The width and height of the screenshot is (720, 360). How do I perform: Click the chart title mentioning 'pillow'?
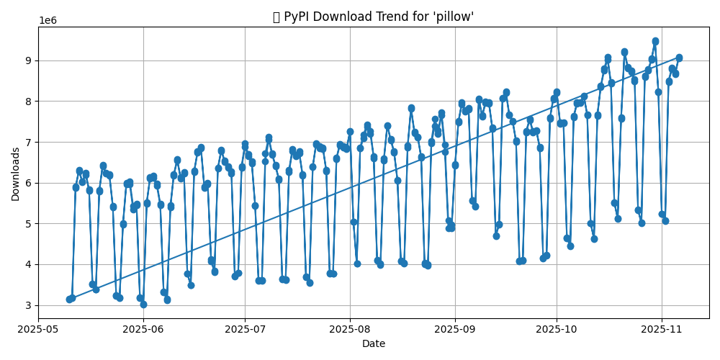[x=373, y=17]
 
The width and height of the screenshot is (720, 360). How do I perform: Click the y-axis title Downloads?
[x=16, y=174]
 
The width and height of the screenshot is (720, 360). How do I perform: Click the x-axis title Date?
[x=373, y=344]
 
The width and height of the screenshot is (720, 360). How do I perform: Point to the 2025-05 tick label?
[x=38, y=329]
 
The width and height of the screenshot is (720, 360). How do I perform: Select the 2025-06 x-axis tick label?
[x=143, y=329]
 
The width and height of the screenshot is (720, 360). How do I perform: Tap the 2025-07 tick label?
[x=245, y=329]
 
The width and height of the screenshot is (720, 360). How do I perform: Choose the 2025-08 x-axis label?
[x=350, y=329]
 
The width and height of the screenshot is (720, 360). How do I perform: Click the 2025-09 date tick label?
[x=455, y=329]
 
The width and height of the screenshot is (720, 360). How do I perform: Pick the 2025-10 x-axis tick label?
[x=557, y=329]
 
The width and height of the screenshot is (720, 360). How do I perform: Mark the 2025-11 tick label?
[x=662, y=329]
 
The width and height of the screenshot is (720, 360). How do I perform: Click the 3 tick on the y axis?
[x=29, y=305]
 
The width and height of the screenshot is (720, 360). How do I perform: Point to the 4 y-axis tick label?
[x=29, y=265]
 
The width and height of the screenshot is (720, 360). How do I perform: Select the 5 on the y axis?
[x=29, y=224]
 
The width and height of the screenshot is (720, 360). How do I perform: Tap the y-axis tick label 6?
[x=29, y=183]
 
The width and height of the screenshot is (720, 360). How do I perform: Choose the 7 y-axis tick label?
[x=29, y=143]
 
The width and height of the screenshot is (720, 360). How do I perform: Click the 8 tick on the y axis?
[x=29, y=102]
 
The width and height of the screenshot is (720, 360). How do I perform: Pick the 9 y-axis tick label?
[x=29, y=61]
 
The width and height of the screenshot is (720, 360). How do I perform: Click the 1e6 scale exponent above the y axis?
[x=48, y=21]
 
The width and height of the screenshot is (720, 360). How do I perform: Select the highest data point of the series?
[x=655, y=42]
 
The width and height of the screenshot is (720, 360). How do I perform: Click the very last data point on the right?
[x=679, y=58]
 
